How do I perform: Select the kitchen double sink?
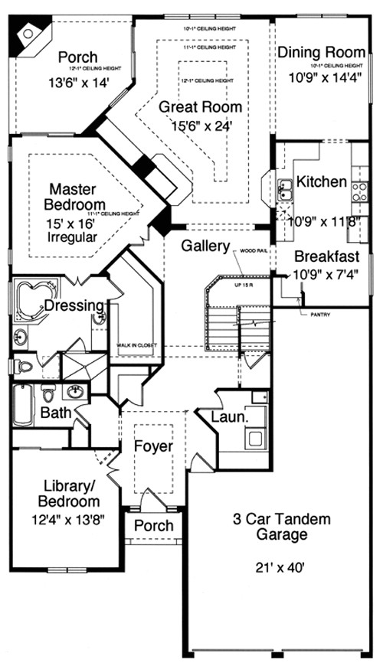[284, 189]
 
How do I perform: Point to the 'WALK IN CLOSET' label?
[136, 345]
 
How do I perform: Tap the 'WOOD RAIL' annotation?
[254, 250]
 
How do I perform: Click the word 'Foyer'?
[153, 446]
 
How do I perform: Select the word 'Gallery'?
[205, 246]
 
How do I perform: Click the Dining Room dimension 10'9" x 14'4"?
[322, 77]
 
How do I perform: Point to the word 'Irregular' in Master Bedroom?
[74, 237]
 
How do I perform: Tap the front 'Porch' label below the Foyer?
[154, 526]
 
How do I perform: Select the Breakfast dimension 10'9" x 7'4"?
[322, 273]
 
